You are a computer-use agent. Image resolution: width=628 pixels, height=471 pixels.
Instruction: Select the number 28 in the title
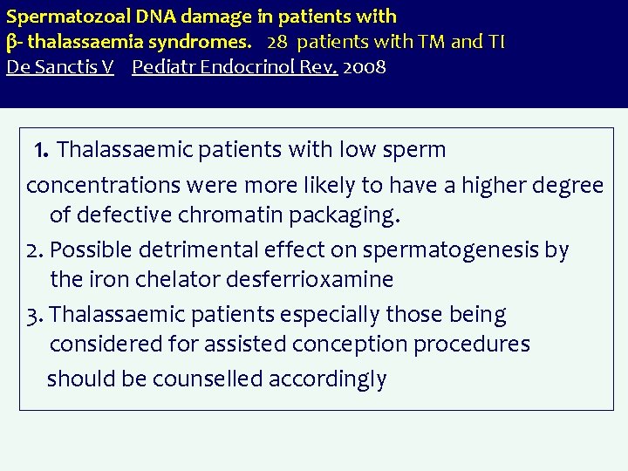click(277, 42)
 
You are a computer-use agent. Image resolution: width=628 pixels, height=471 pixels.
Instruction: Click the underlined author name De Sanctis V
click(59, 67)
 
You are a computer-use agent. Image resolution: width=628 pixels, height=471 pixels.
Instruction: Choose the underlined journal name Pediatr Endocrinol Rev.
click(235, 67)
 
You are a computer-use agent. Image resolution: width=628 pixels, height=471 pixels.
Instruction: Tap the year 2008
click(365, 67)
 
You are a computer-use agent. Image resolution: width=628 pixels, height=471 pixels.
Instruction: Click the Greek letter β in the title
click(12, 43)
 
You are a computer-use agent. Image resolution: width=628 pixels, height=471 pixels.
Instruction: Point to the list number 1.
click(40, 151)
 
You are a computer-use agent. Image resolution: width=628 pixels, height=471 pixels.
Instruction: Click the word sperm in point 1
click(413, 150)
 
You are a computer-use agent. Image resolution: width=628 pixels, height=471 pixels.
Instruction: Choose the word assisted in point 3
click(246, 345)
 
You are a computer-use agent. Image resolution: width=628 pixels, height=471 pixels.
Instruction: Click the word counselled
click(207, 379)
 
